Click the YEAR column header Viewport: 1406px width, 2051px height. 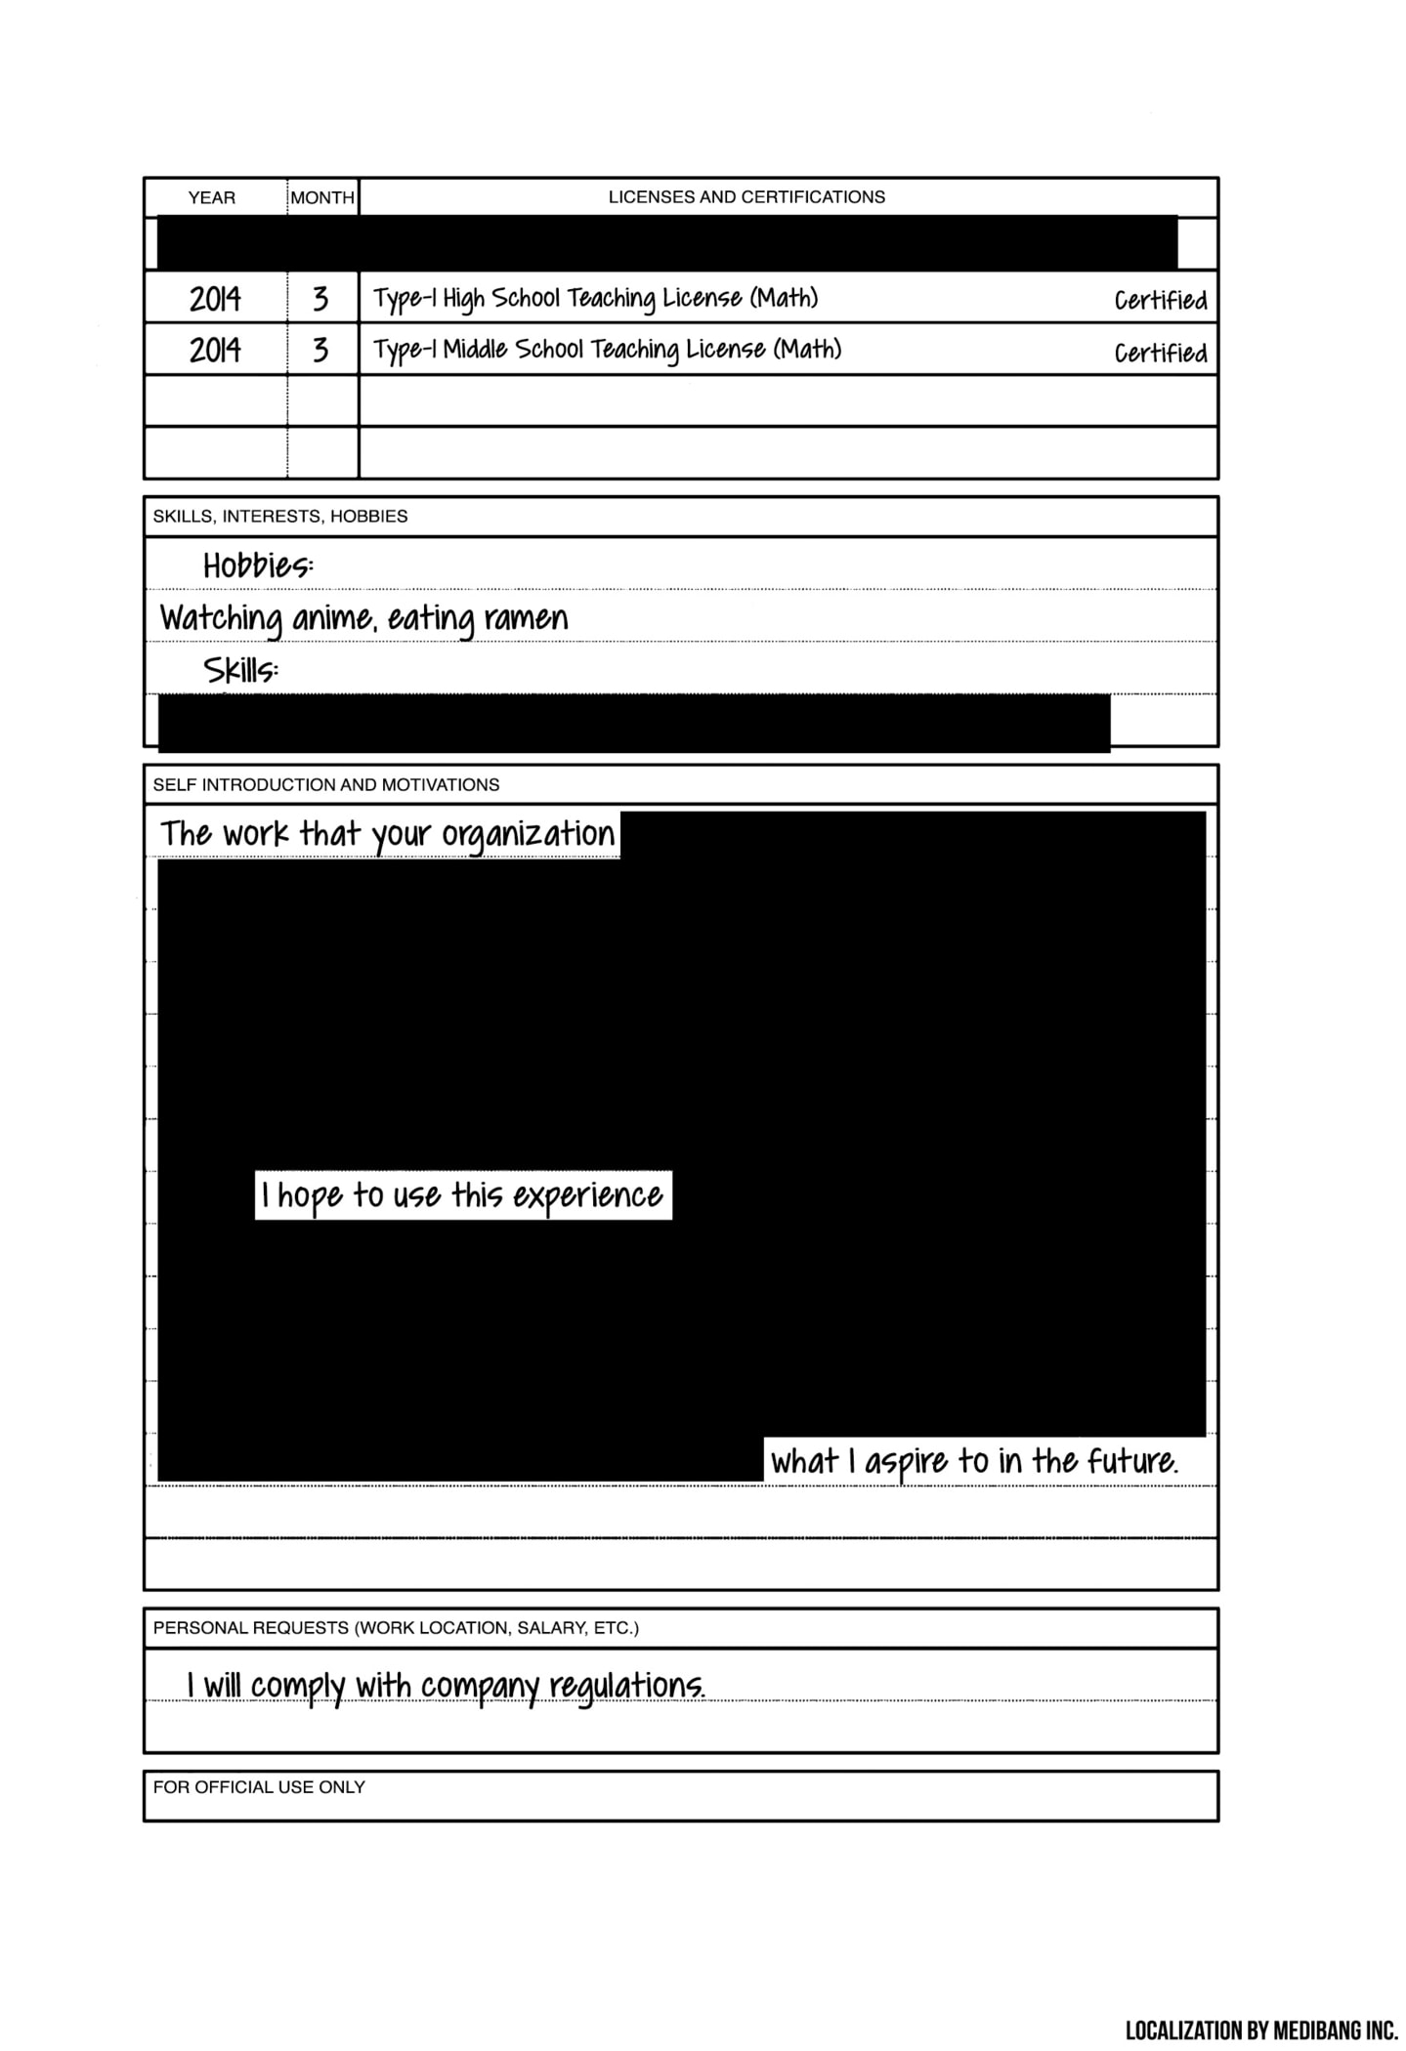(x=211, y=198)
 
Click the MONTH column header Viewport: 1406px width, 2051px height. (x=322, y=198)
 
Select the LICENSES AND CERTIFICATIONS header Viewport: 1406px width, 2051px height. (x=746, y=197)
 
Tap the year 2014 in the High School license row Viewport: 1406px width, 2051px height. (x=215, y=299)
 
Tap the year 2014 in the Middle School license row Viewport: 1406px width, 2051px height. (x=215, y=351)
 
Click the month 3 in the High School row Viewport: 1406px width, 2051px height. (x=320, y=299)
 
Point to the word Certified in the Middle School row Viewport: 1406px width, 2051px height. (x=1161, y=353)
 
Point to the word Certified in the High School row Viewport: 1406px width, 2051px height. (x=1161, y=301)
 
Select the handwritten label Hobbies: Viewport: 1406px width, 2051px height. (x=258, y=566)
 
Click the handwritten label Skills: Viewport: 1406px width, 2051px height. (x=240, y=671)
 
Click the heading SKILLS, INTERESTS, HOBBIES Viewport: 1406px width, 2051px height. (x=280, y=517)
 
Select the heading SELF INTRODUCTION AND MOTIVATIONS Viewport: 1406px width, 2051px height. (x=326, y=785)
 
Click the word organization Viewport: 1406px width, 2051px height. (x=529, y=835)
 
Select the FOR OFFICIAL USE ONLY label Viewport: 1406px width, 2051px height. (x=259, y=1787)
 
